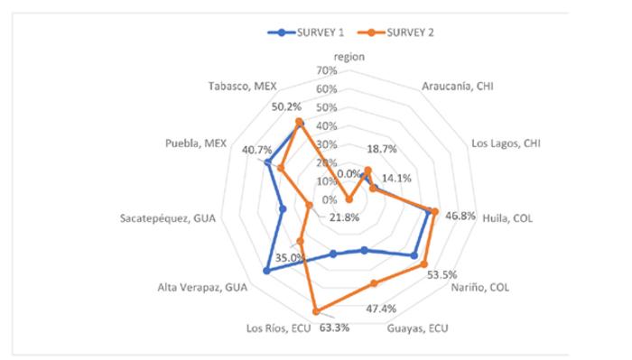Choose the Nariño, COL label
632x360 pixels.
tap(481, 288)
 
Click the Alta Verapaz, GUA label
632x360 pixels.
tap(203, 288)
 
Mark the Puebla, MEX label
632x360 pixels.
tap(195, 143)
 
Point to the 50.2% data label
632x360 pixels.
tap(286, 106)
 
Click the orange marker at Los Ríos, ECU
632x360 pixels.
tap(316, 313)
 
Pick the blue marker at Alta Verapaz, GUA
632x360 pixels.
tap(266, 271)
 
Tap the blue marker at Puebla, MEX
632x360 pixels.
tap(267, 162)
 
